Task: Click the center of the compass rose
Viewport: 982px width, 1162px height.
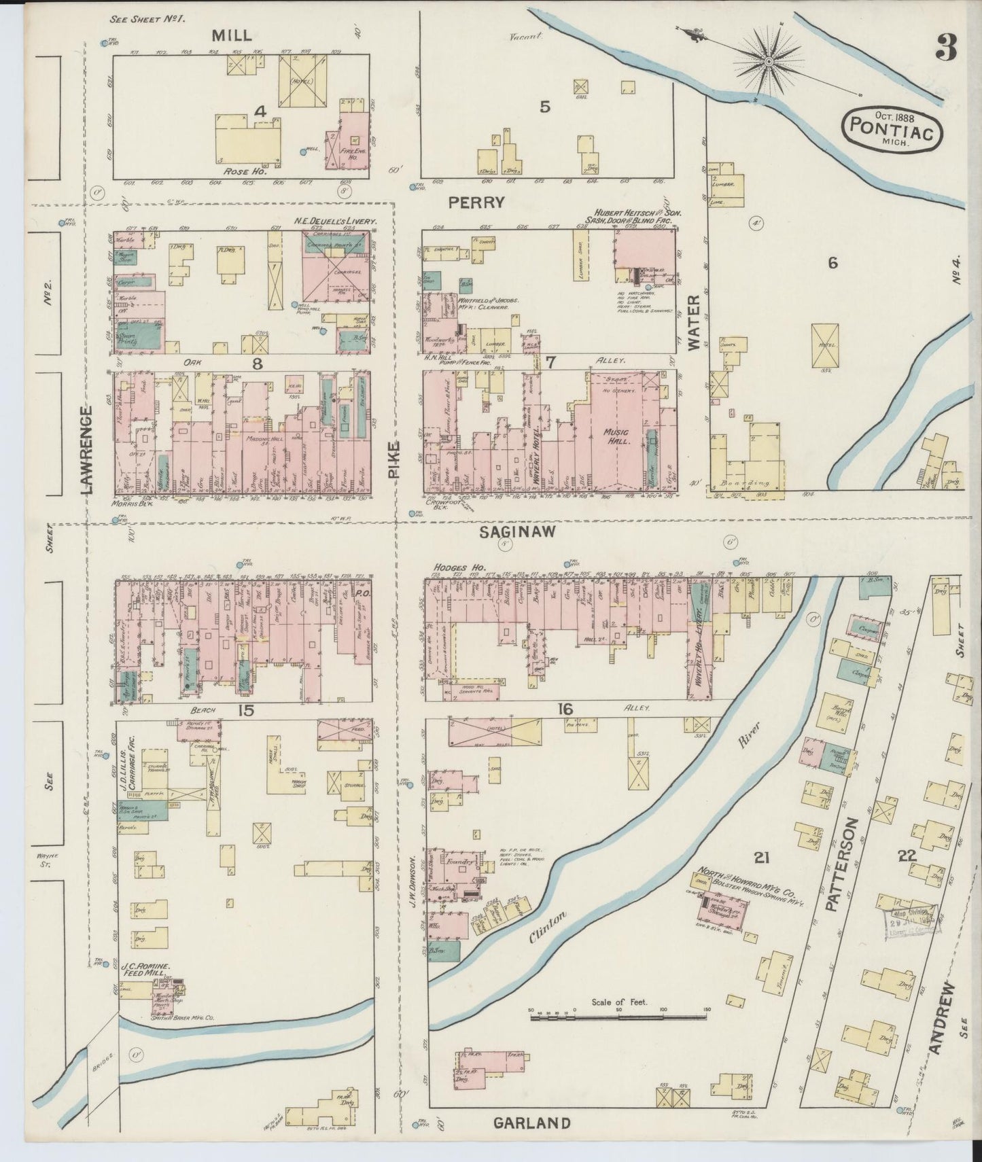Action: click(x=769, y=63)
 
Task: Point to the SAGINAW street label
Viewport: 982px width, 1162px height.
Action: click(x=508, y=533)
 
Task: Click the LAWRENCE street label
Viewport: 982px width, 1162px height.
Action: click(x=87, y=449)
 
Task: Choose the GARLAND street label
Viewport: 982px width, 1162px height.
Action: click(x=532, y=1123)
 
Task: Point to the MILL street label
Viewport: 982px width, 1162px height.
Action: click(x=232, y=35)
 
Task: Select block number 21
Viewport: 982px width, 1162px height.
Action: click(x=761, y=858)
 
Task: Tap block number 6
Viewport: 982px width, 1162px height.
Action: click(x=832, y=264)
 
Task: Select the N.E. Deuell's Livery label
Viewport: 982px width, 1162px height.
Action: click(x=335, y=222)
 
